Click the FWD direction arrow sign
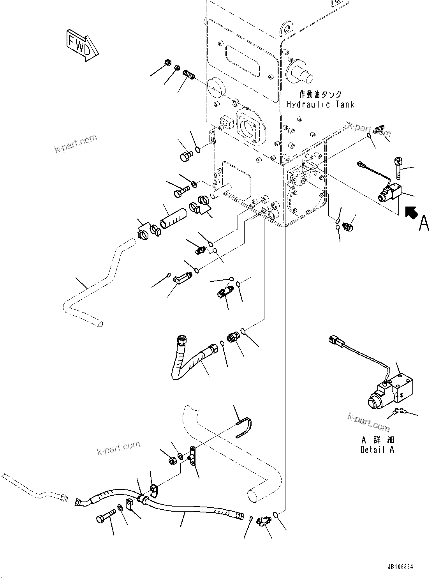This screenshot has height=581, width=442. pyautogui.click(x=81, y=44)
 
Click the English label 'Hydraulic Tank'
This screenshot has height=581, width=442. pyautogui.click(x=320, y=104)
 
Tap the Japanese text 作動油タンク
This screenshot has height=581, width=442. pyautogui.click(x=320, y=94)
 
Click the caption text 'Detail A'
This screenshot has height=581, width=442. pyautogui.click(x=377, y=450)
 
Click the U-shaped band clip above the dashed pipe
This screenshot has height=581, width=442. pyautogui.click(x=244, y=427)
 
